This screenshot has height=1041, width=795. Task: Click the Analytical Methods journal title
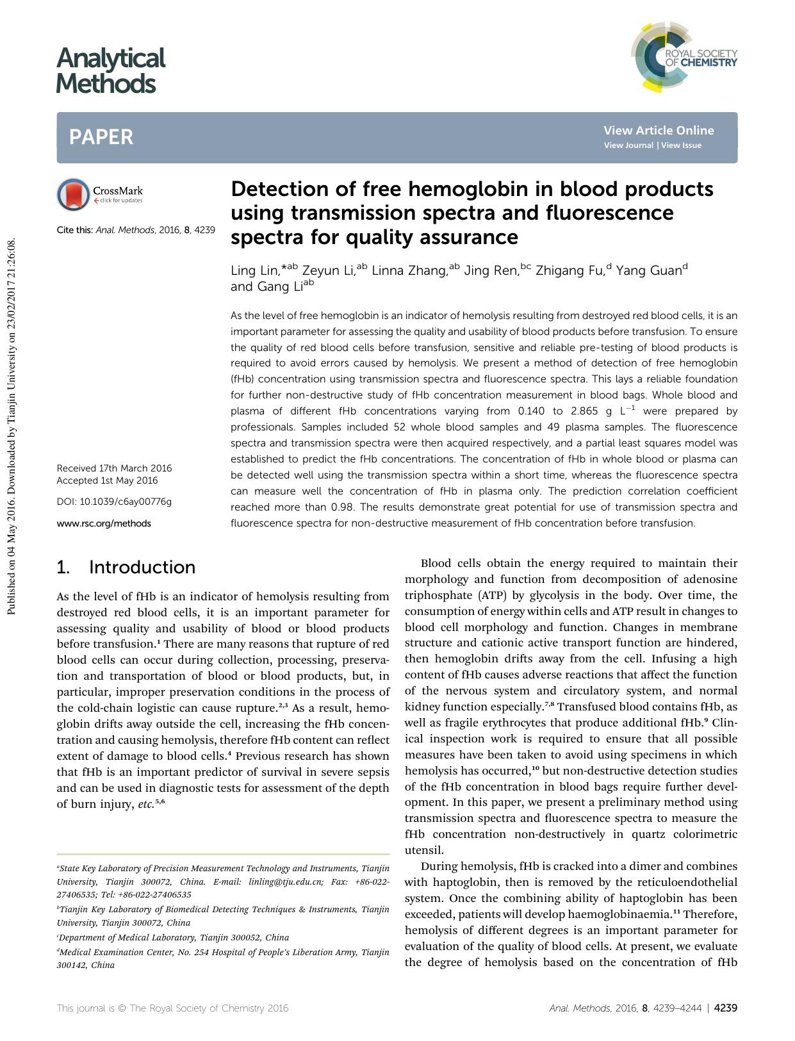pos(110,71)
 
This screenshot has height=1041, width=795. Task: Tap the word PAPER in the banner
pos(101,137)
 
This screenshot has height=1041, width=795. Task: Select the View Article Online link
pos(658,130)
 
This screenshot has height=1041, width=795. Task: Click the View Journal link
pos(628,145)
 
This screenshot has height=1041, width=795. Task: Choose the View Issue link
pos(681,145)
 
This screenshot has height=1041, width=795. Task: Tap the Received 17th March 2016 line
pos(114,468)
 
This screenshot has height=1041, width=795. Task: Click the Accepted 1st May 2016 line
pos(107,480)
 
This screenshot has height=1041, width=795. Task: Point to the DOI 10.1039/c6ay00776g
pos(114,502)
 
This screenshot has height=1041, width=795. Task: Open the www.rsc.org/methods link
pos(104,523)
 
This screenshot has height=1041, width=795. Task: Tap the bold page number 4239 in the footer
pos(725,1008)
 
